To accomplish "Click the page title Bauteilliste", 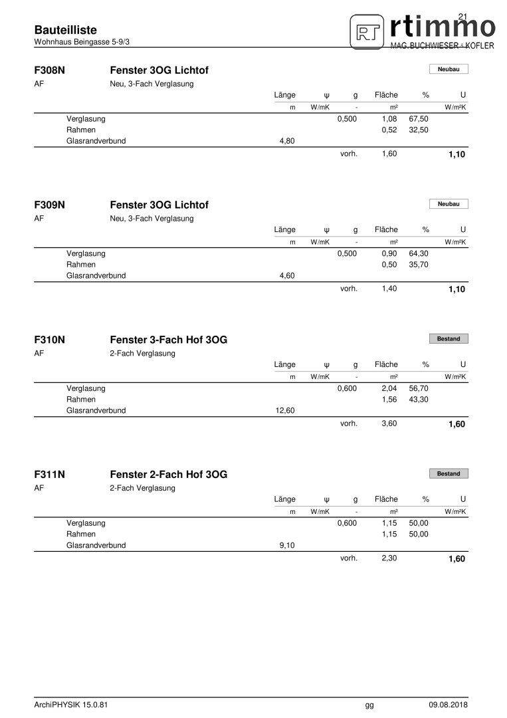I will point(65,30).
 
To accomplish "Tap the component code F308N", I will point(49,70).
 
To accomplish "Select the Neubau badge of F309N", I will point(449,204).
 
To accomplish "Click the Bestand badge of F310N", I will point(449,339).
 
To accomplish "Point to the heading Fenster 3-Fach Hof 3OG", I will point(168,340).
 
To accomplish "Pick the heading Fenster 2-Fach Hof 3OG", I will point(168,475).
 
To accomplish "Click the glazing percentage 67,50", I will point(419,119).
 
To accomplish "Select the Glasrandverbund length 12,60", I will point(284,411).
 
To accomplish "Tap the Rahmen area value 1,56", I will point(389,400).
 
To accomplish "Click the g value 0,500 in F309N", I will point(347,254).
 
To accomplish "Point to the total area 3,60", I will point(389,423).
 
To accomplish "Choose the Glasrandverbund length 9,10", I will point(287,546).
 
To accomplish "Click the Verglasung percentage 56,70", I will point(419,388).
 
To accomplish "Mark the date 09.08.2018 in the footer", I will point(448,705).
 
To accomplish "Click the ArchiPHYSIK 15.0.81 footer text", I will point(70,705).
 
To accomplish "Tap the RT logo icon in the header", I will point(367,31).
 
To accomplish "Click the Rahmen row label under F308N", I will point(81,130).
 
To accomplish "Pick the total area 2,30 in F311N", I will point(389,558).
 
